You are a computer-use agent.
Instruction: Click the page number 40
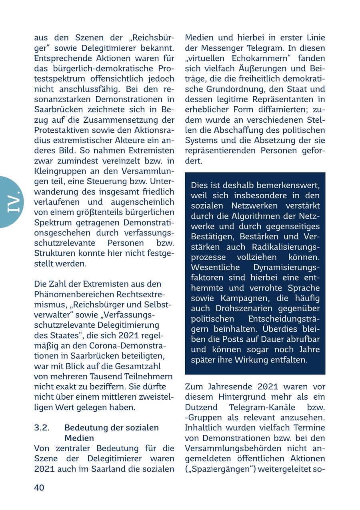point(39,487)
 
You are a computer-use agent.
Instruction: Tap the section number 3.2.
point(42,428)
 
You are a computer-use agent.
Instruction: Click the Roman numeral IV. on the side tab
point(13,202)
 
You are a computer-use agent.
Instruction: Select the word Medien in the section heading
point(79,438)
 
